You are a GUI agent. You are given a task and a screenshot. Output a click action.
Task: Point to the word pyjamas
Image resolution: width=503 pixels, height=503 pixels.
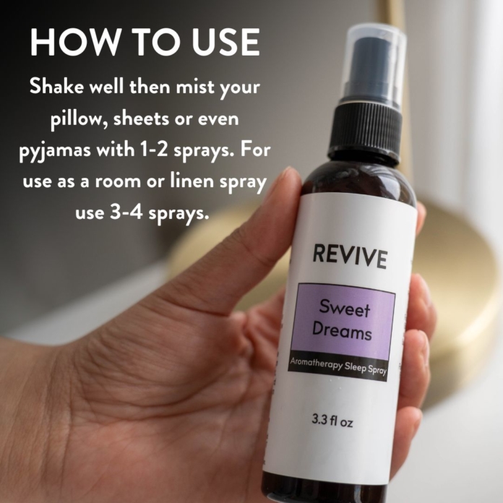pyautogui.click(x=55, y=151)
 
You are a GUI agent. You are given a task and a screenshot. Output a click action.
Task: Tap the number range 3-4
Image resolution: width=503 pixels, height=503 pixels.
pyautogui.click(x=126, y=212)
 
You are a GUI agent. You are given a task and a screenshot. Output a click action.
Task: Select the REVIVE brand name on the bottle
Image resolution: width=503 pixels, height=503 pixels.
pyautogui.click(x=350, y=257)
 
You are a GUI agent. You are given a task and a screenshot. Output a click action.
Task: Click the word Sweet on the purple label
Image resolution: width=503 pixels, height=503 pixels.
pyautogui.click(x=345, y=308)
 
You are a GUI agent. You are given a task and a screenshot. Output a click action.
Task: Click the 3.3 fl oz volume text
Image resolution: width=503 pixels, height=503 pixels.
pyautogui.click(x=332, y=421)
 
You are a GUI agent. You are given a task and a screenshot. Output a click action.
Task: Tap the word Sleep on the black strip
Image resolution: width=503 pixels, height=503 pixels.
pyautogui.click(x=355, y=367)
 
